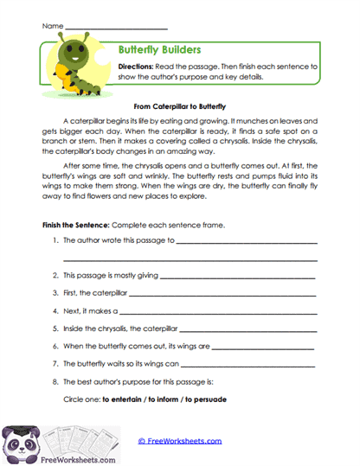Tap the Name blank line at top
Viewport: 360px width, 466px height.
(116, 28)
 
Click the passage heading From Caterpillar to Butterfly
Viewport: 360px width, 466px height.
(179, 105)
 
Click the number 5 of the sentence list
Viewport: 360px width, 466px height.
(55, 329)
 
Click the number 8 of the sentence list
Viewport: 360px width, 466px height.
(55, 381)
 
